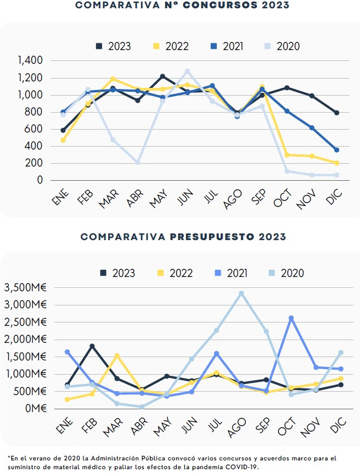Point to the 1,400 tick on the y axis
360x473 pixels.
(30, 60)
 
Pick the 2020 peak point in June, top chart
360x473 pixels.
(187, 71)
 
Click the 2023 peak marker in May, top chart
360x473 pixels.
(162, 76)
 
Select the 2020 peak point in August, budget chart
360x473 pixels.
(241, 293)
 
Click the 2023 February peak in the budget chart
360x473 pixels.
(92, 346)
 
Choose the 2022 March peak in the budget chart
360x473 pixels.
(117, 355)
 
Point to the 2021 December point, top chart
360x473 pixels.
(336, 150)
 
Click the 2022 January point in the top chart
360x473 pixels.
(63, 140)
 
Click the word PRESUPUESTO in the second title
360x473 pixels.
(210, 237)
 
